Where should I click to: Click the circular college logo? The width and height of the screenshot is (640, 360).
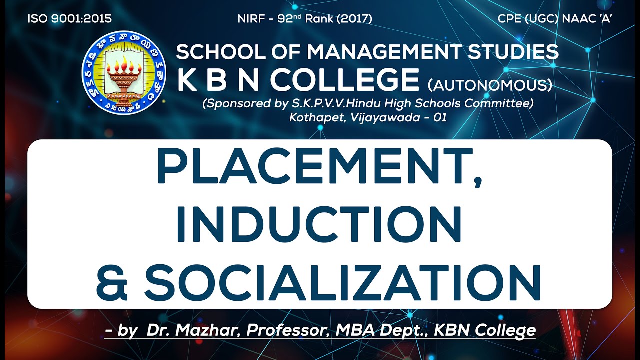point(124,73)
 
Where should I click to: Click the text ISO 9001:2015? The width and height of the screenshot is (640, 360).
point(69,19)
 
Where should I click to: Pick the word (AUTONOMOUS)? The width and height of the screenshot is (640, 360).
point(490,86)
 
